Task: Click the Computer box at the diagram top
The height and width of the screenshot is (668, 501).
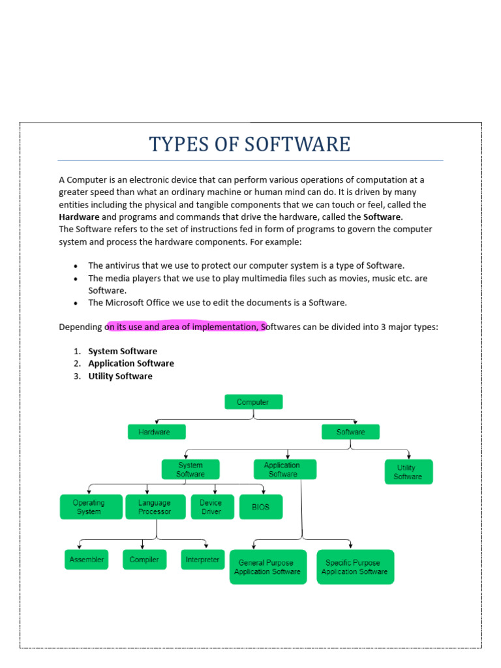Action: (253, 402)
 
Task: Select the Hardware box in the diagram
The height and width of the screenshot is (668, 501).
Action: (157, 432)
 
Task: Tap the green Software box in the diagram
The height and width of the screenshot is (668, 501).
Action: (350, 432)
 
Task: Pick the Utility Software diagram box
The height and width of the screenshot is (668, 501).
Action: (408, 472)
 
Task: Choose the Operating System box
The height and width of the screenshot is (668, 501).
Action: (91, 507)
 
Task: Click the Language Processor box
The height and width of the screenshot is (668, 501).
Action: (155, 507)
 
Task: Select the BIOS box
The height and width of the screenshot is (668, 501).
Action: (260, 507)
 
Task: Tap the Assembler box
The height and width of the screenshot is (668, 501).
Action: (86, 560)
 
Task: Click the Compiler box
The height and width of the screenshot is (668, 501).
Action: (144, 560)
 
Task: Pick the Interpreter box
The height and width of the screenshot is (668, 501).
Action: (202, 560)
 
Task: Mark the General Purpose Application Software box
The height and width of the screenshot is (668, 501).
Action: (268, 567)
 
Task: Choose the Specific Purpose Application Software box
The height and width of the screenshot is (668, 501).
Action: (355, 567)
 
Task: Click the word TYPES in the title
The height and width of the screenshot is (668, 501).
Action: (172, 144)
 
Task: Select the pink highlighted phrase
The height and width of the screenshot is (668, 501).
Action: (186, 326)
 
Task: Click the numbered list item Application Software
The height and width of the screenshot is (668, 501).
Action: (131, 363)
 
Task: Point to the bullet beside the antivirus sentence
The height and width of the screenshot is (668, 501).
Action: (76, 266)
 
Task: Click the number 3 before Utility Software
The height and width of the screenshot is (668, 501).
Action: (76, 376)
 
